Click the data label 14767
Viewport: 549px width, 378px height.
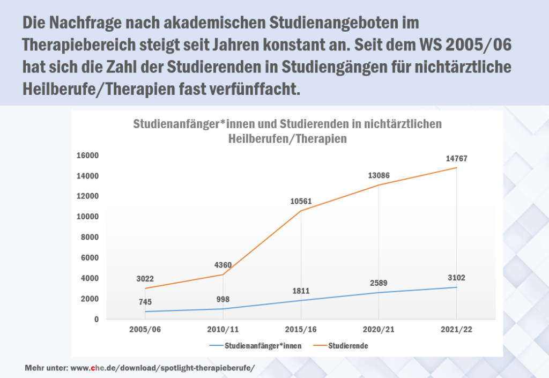(x=457, y=159)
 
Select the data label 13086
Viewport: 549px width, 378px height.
(x=379, y=175)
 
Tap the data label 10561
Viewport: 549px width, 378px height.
(x=301, y=202)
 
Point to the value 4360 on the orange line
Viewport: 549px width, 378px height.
(x=223, y=264)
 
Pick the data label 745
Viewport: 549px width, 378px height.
(x=145, y=302)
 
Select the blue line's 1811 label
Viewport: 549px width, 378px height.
(x=301, y=291)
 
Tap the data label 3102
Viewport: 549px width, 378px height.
(x=457, y=278)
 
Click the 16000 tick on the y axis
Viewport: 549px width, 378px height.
(x=88, y=155)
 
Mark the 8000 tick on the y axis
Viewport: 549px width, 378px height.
(x=91, y=238)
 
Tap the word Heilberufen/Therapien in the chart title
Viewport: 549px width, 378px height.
(x=287, y=138)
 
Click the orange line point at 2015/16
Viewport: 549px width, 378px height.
(x=301, y=211)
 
